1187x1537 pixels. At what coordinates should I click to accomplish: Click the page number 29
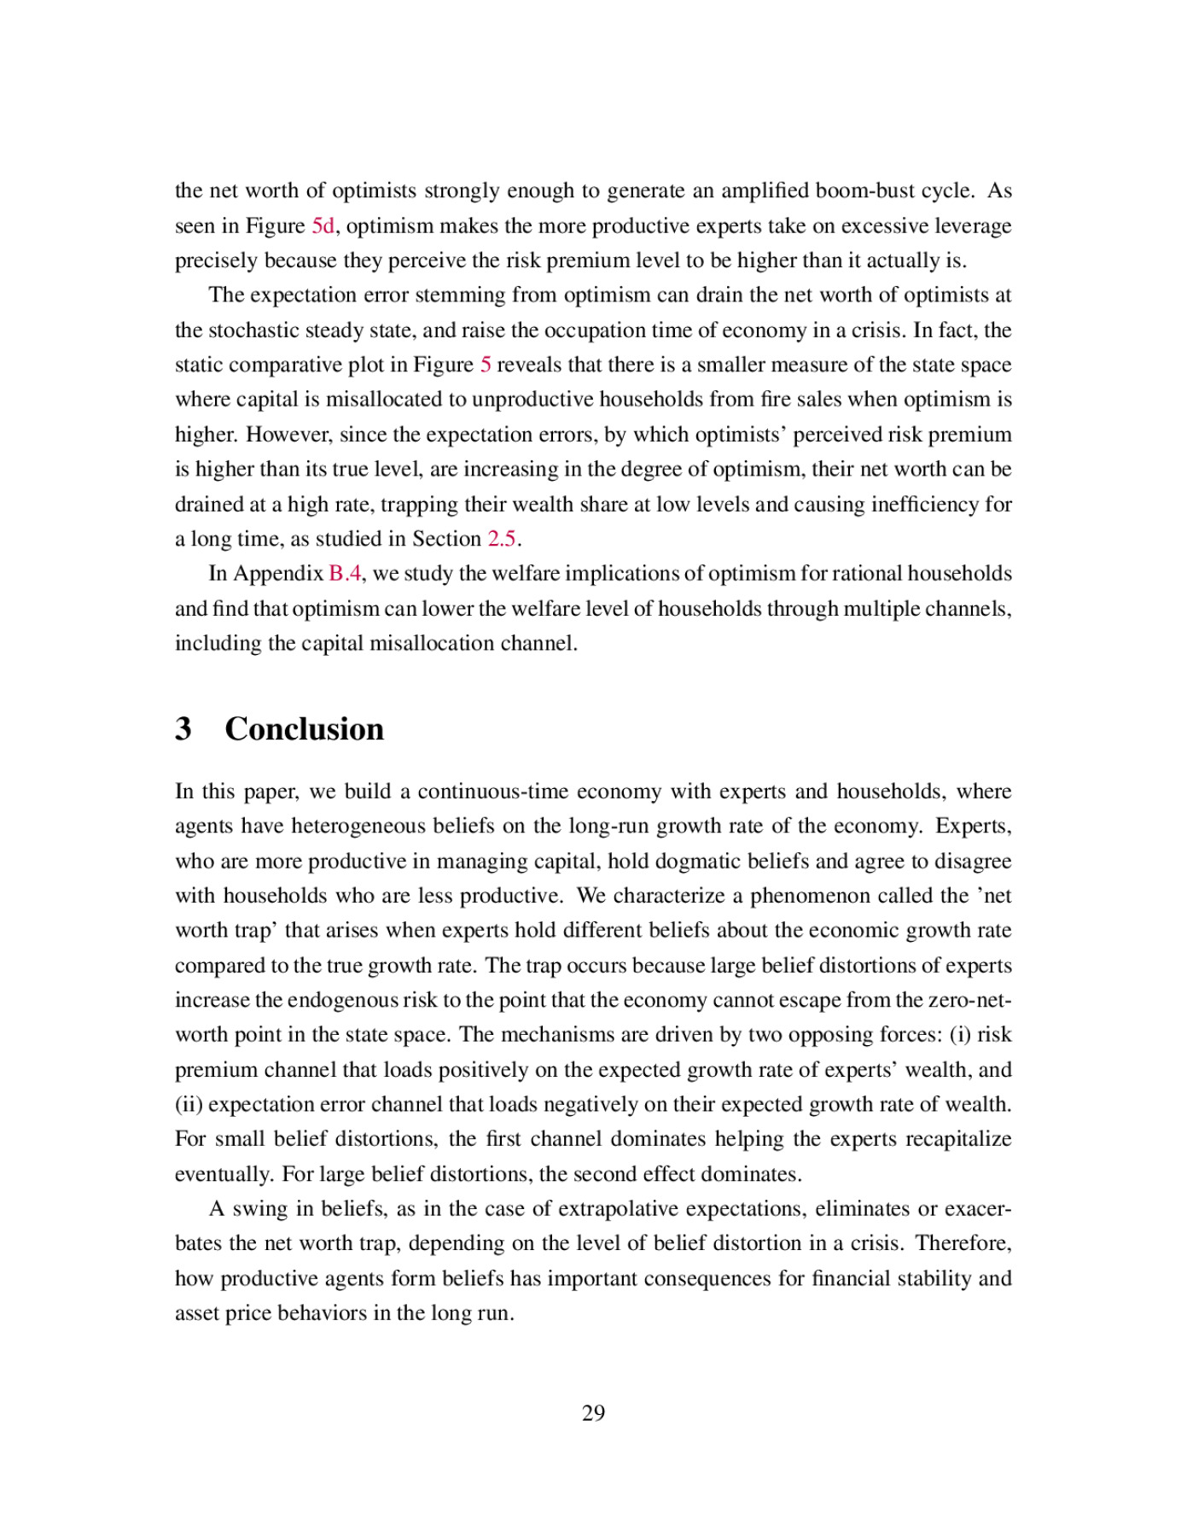[593, 1413]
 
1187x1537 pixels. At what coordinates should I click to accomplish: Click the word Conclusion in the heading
[304, 728]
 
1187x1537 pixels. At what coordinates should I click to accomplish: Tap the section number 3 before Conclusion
[183, 728]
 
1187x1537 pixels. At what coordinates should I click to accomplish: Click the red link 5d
[323, 225]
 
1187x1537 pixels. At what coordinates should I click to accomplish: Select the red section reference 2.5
[502, 539]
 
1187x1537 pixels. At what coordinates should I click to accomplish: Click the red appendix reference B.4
[345, 573]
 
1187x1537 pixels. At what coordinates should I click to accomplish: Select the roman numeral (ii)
[189, 1104]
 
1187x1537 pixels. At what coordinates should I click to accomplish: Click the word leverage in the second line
[971, 225]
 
